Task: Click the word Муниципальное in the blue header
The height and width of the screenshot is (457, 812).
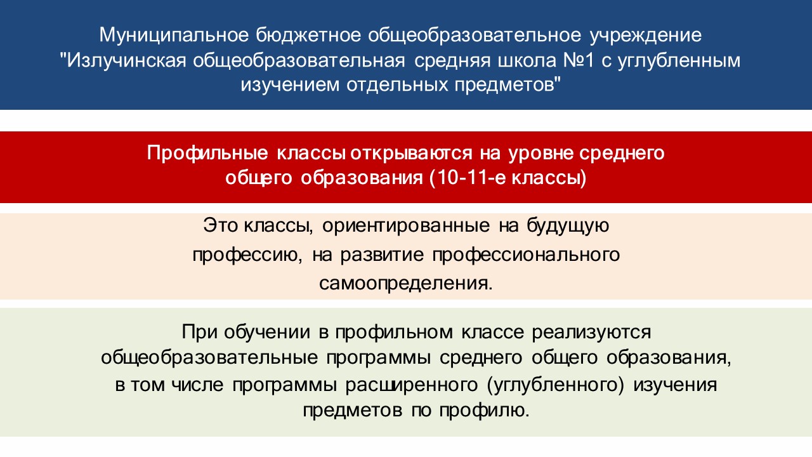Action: pyautogui.click(x=174, y=36)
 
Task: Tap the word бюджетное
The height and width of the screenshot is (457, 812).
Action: pyautogui.click(x=308, y=36)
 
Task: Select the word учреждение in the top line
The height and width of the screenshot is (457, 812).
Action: pyautogui.click(x=646, y=36)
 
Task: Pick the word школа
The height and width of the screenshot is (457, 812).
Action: pyautogui.click(x=527, y=60)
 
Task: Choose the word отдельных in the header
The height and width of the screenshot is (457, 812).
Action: pyautogui.click(x=397, y=85)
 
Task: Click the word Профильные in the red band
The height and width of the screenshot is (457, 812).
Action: pyautogui.click(x=207, y=154)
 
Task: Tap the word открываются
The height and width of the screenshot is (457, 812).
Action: pyautogui.click(x=411, y=154)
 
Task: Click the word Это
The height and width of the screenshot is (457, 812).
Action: pyautogui.click(x=220, y=225)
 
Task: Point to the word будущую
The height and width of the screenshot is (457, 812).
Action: pyautogui.click(x=568, y=225)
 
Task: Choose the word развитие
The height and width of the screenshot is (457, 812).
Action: pyautogui.click(x=382, y=255)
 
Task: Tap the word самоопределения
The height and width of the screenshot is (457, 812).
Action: pyautogui.click(x=406, y=283)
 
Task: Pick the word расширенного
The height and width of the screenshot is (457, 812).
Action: pyautogui.click(x=411, y=385)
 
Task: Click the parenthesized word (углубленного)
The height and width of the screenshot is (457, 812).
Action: pyautogui.click(x=555, y=385)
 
